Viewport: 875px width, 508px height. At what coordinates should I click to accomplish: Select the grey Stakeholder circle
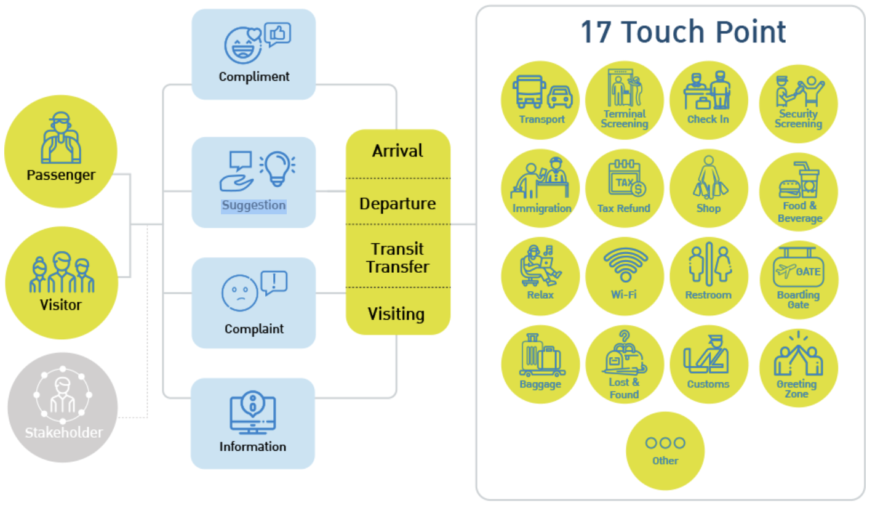[x=63, y=407]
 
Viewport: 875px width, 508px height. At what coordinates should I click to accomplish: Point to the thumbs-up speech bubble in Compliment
[x=278, y=34]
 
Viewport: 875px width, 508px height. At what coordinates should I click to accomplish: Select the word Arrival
[x=398, y=151]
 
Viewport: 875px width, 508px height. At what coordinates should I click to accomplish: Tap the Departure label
[x=398, y=204]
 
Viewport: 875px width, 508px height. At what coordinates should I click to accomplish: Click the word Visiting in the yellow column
[x=396, y=314]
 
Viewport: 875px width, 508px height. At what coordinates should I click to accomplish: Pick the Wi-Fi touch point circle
[x=624, y=276]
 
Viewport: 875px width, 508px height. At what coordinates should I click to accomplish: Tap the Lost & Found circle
[x=624, y=365]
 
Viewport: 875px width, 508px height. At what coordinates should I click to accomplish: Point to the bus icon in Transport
[x=530, y=93]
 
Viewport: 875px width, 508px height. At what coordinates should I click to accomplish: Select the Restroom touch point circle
[x=708, y=276]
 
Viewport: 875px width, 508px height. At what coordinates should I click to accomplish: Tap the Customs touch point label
[x=708, y=384]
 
